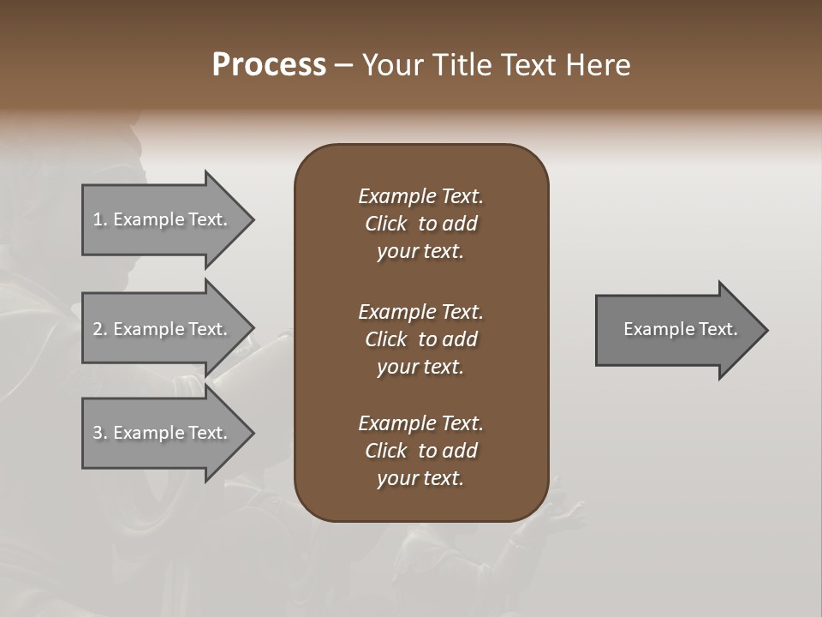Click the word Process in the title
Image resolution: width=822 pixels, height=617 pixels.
coord(269,65)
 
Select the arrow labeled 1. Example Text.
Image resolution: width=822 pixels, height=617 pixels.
coord(163,219)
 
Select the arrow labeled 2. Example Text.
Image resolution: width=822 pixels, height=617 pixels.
coord(163,329)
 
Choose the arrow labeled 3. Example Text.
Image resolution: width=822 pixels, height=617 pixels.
coord(163,433)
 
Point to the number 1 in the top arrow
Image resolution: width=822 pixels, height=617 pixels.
coord(98,219)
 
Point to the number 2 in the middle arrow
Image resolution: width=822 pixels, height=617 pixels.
coord(98,329)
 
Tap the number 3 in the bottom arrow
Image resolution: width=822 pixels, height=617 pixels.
coord(98,433)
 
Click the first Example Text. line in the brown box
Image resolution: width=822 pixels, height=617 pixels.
coord(420,196)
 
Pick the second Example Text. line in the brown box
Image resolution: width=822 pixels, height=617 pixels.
coord(420,312)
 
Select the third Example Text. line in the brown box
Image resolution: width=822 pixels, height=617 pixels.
coord(420,423)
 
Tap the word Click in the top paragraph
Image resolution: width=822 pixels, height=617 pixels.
coord(385,224)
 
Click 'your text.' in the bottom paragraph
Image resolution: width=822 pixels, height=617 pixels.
coord(420,478)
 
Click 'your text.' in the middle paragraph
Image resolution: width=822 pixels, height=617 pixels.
coord(420,367)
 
